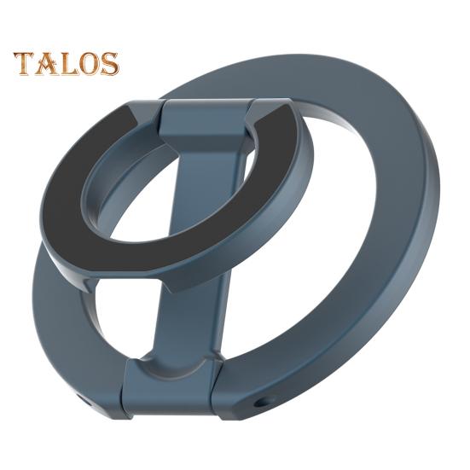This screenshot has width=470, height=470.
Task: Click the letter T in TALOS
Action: coord(25,63)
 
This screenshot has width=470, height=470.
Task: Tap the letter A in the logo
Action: coord(46,64)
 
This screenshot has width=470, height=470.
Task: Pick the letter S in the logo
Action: coord(108,64)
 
